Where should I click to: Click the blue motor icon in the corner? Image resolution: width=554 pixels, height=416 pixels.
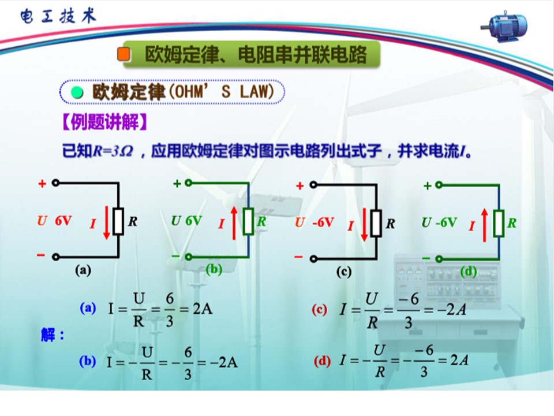click(x=504, y=27)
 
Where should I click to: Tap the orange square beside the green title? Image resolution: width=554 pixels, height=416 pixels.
click(x=123, y=54)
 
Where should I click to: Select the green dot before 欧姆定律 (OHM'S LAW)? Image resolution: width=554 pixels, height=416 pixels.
click(x=77, y=92)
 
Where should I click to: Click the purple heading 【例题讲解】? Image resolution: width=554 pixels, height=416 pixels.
click(x=104, y=122)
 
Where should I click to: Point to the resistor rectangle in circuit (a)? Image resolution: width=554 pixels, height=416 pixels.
click(x=118, y=222)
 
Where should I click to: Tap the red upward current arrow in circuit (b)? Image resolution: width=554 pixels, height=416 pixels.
click(x=234, y=224)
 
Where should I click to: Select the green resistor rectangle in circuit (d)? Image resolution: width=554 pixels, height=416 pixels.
click(x=499, y=224)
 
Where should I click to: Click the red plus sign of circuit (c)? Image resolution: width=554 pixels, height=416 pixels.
click(x=300, y=185)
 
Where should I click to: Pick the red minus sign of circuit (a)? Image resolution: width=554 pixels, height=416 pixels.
click(x=41, y=255)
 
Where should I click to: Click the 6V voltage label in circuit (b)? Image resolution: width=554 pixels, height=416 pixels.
click(x=193, y=221)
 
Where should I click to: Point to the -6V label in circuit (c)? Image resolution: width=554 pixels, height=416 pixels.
click(x=323, y=222)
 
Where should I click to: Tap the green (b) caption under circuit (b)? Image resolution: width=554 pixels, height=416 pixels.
click(x=214, y=270)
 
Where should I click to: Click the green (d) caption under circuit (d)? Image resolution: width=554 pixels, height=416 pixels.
click(x=469, y=272)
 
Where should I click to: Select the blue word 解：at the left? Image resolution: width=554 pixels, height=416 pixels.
click(x=53, y=335)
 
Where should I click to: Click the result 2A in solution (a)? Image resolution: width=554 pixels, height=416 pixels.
click(x=203, y=309)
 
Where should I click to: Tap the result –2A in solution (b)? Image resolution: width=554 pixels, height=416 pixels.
click(x=224, y=363)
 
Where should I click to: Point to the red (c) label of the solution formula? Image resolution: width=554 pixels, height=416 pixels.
click(x=319, y=310)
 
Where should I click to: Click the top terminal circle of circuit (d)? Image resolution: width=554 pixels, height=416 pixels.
click(x=439, y=185)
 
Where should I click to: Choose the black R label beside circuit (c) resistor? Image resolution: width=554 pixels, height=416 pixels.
click(x=390, y=224)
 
